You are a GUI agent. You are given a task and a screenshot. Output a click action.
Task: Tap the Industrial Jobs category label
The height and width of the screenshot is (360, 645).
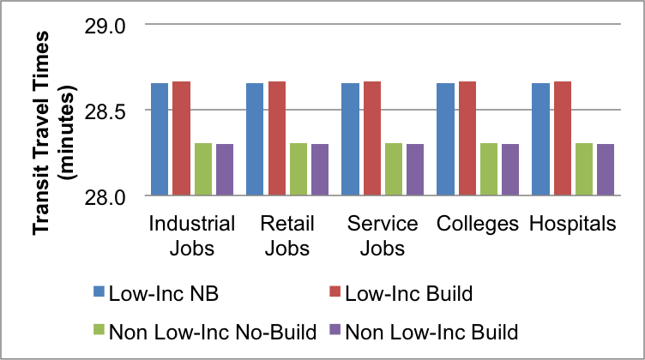(x=192, y=236)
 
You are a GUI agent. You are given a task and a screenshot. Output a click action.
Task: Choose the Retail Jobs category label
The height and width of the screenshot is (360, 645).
(x=286, y=236)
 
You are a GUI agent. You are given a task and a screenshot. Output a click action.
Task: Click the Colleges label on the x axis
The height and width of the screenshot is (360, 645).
(x=478, y=225)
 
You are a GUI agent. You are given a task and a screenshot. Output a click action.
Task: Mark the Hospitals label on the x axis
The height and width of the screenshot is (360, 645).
(x=572, y=225)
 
